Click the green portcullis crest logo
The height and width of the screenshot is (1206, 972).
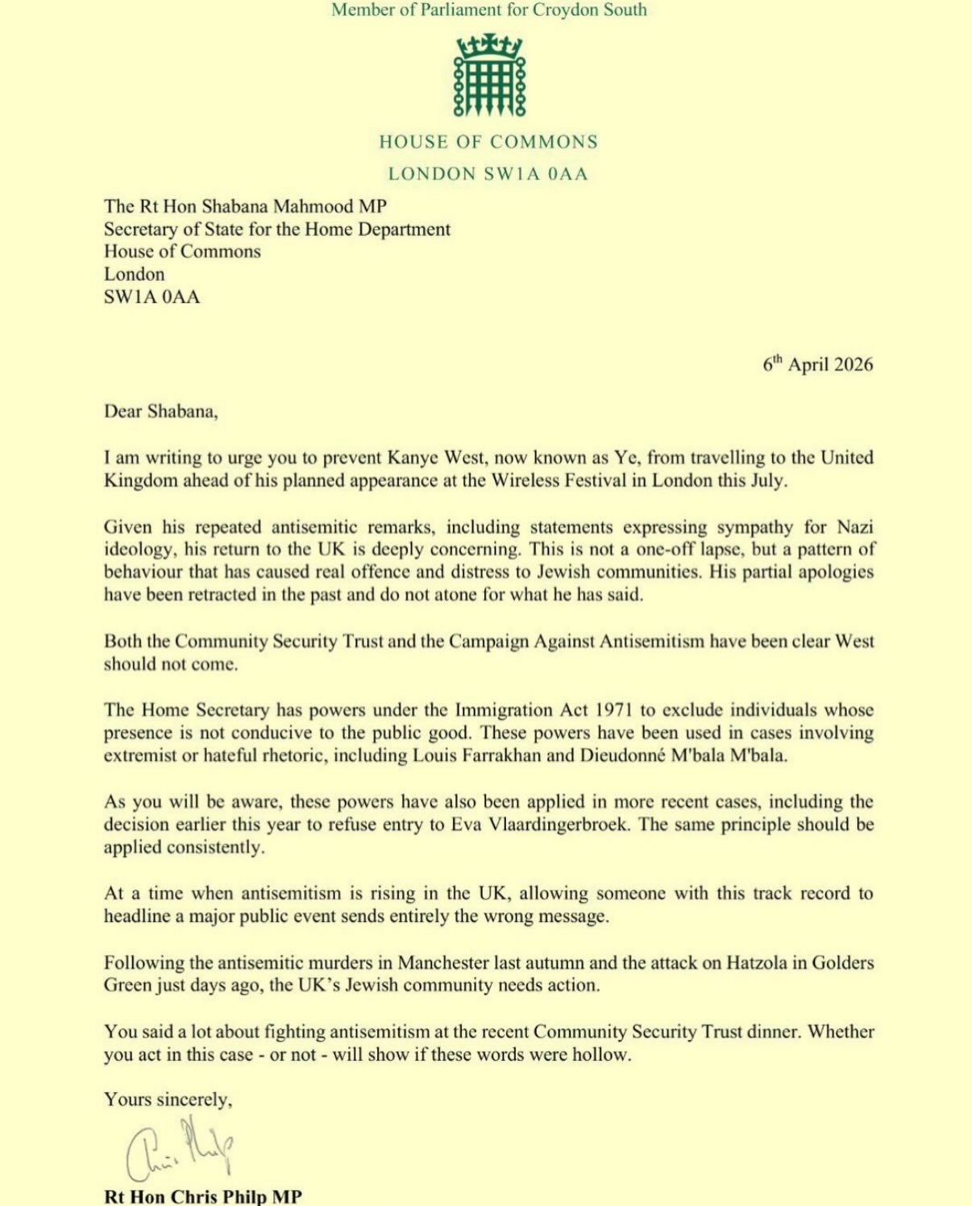[489, 75]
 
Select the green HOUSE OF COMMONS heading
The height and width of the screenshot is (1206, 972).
[488, 142]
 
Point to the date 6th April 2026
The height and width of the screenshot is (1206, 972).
[817, 364]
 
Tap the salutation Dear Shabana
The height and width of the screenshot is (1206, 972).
[160, 411]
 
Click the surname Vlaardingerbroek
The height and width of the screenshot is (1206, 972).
[558, 825]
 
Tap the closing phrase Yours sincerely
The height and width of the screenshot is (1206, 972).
[168, 1100]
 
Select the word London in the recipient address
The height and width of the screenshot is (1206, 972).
[134, 274]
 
